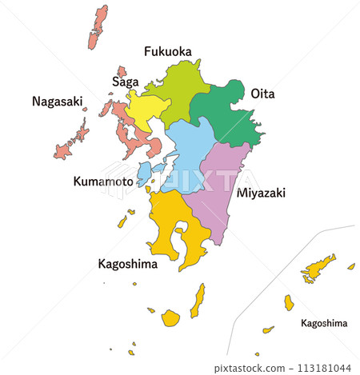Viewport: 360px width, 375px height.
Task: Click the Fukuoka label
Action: point(167,52)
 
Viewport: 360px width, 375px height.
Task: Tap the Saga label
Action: point(126,82)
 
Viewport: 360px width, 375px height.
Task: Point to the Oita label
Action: point(262,94)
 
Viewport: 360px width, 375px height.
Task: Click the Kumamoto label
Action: point(102,182)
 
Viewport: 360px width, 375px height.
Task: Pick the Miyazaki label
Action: point(262,193)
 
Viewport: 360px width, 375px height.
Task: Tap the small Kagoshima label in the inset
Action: point(324,323)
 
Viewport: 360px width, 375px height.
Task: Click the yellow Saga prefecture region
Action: point(146,110)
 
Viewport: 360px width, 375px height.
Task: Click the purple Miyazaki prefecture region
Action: point(220,192)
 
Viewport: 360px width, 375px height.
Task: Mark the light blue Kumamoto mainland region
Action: point(189,152)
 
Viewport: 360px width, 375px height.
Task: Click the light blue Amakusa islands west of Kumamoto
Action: point(145,173)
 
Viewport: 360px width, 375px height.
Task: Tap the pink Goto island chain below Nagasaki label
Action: point(72,141)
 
